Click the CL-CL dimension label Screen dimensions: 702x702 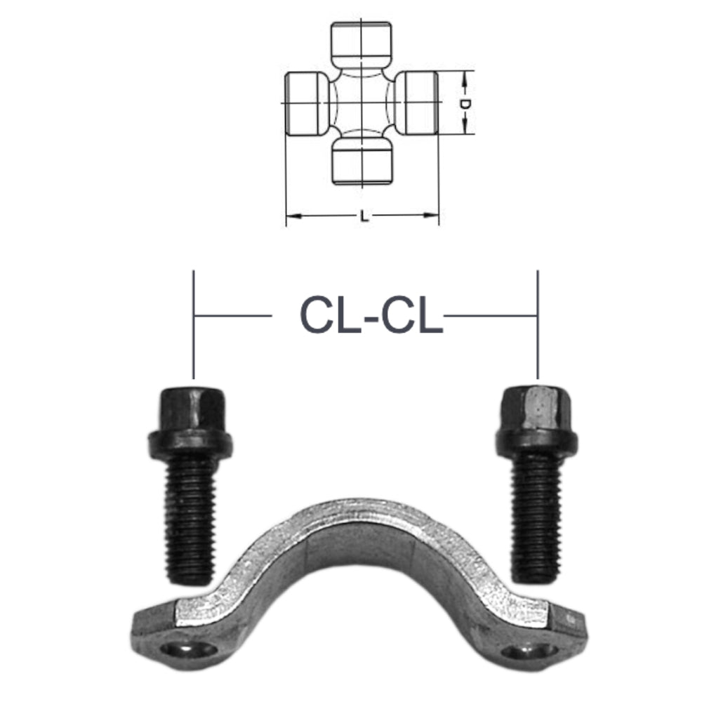point(371,315)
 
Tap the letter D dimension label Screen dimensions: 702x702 point(464,103)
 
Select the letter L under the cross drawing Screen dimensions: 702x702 point(363,217)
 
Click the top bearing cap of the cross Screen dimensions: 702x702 point(361,42)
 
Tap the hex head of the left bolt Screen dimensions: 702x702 point(190,407)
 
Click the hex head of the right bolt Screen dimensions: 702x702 point(537,406)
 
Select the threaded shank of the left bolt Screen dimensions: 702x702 point(190,519)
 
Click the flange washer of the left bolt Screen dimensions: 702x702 point(190,444)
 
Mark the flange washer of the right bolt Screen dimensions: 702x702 point(537,441)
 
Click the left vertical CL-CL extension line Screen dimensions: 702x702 point(193,323)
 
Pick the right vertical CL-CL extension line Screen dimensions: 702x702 point(538,323)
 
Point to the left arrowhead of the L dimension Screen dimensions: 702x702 point(291,216)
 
